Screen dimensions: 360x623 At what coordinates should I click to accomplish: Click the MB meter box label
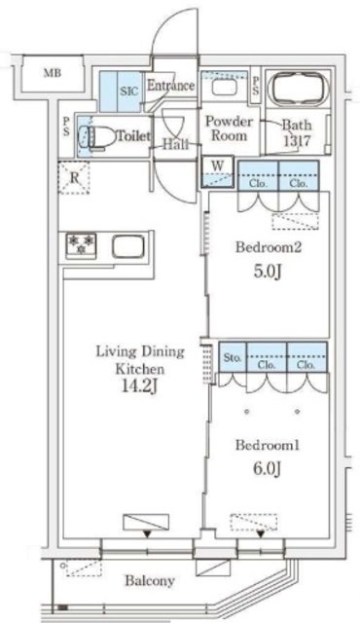[x=53, y=73]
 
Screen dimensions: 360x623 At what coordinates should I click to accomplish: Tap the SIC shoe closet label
[x=129, y=91]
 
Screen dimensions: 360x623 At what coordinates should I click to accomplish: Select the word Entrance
[x=170, y=86]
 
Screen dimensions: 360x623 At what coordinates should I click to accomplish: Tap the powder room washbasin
[x=219, y=87]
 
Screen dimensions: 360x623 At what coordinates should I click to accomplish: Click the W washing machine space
[x=218, y=173]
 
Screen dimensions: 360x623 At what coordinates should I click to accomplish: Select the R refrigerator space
[x=74, y=177]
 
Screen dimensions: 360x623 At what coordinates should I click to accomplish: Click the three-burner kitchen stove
[x=81, y=244]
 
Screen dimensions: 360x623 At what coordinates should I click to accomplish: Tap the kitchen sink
[x=127, y=246]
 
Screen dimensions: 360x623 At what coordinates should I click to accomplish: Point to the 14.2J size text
[x=137, y=386]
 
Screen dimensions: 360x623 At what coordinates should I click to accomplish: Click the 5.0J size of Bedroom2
[x=269, y=272]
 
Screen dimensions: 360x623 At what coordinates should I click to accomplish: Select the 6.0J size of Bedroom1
[x=268, y=469]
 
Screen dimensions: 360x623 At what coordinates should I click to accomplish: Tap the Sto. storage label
[x=233, y=357]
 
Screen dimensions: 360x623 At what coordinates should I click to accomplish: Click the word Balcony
[x=150, y=581]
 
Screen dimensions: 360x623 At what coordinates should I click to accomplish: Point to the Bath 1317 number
[x=297, y=140]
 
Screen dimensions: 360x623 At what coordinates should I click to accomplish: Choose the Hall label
[x=175, y=144]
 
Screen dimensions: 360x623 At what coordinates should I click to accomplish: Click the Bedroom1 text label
[x=268, y=445]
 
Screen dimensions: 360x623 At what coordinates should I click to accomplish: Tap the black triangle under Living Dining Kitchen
[x=147, y=534]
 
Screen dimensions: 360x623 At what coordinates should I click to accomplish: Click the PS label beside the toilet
[x=66, y=127]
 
